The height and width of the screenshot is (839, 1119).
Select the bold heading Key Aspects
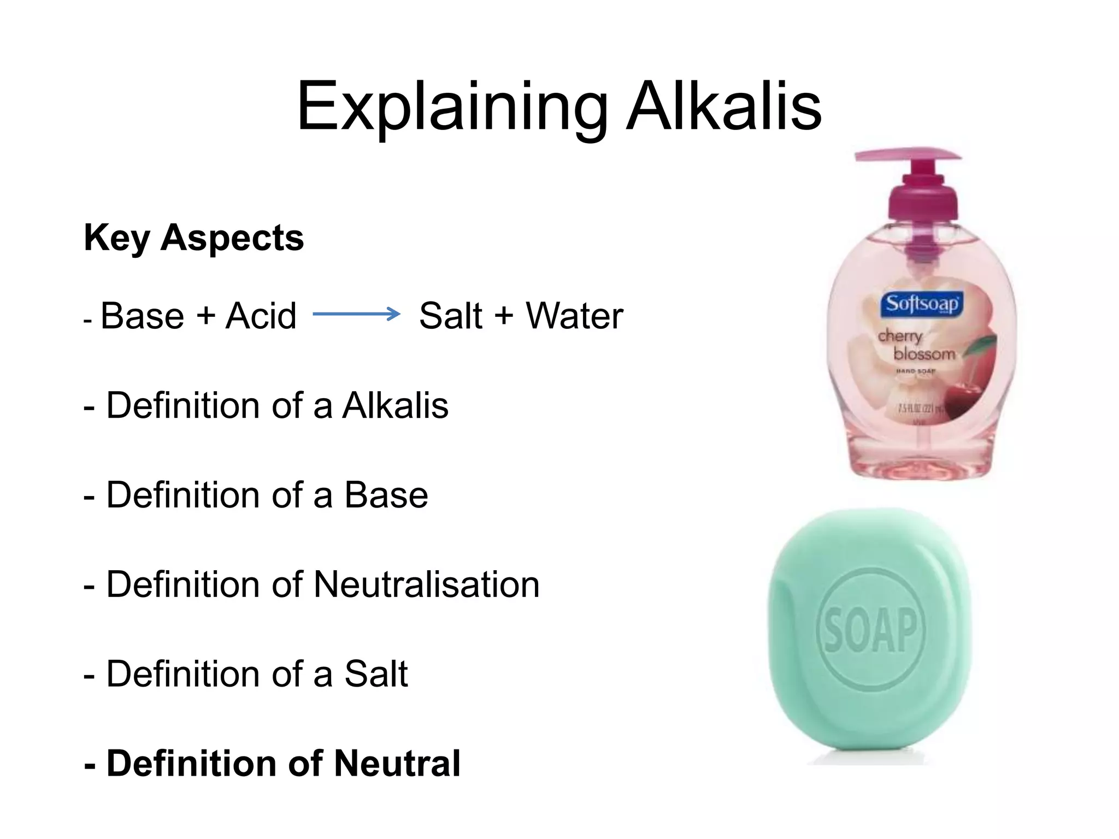(x=194, y=238)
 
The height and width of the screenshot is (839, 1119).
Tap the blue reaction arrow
(x=356, y=314)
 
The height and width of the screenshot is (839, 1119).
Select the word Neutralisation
(x=426, y=584)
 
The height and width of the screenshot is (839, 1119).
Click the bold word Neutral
(x=397, y=763)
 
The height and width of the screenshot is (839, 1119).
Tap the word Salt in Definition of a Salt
(x=376, y=674)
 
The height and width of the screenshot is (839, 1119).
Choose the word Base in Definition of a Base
(x=386, y=495)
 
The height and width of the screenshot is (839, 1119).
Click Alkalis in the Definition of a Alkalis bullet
(x=395, y=406)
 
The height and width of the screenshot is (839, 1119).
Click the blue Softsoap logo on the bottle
(x=922, y=304)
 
